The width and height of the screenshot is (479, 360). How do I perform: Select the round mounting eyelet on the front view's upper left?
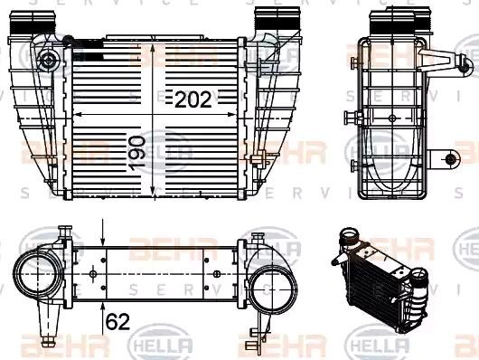[48, 61]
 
